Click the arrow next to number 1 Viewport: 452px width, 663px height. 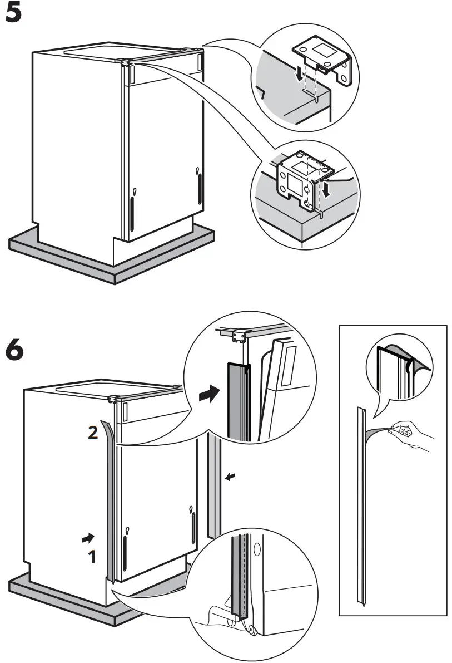coord(87,538)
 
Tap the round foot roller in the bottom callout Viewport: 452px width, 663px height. coord(251,629)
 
